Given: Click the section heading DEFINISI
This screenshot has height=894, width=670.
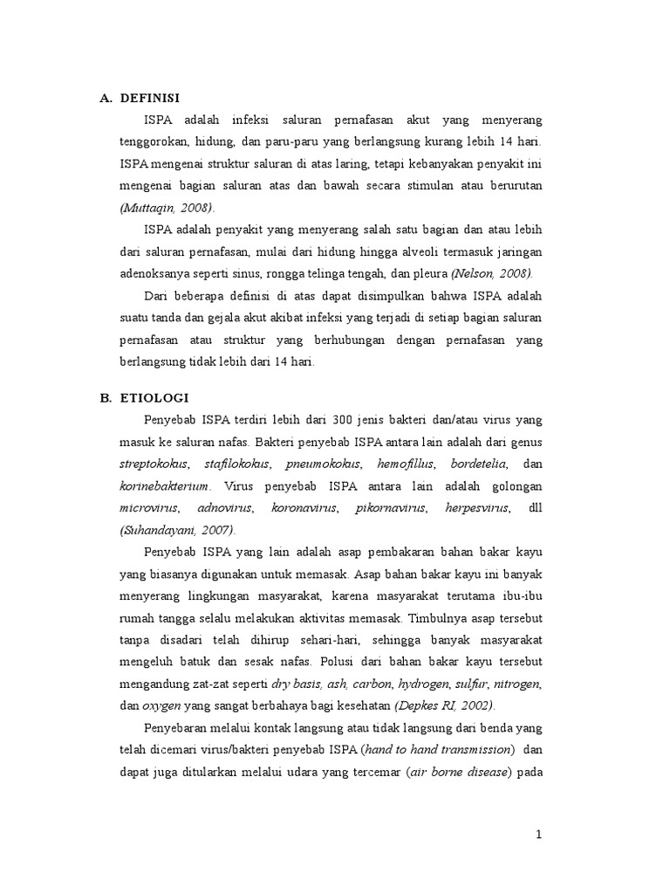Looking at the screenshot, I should (150, 97).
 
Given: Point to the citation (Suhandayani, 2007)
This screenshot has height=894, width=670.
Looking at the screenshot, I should (178, 530).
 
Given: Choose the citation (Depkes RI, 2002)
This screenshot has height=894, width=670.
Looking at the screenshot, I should (444, 705).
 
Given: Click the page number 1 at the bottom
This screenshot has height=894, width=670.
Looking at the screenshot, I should (539, 835).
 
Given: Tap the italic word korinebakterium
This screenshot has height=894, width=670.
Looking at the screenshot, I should (165, 485).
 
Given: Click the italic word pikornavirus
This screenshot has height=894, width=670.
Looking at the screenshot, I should (391, 507).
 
